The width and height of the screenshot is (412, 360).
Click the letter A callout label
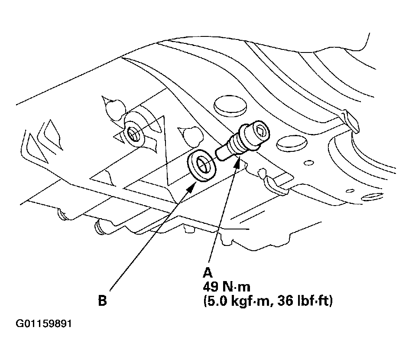[208, 273]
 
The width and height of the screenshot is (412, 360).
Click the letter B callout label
[103, 301]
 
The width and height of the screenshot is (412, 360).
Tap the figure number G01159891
[44, 324]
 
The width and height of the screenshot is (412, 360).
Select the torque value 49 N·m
[227, 287]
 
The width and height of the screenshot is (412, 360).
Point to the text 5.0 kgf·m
[237, 301]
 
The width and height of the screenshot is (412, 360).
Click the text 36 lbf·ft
[305, 301]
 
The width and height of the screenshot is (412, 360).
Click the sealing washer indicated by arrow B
[201, 166]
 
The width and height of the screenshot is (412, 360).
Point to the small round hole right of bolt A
[308, 163]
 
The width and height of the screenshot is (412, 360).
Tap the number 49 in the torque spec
[211, 287]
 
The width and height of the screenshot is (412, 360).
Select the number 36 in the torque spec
[285, 301]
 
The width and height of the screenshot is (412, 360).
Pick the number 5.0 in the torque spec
[216, 301]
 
